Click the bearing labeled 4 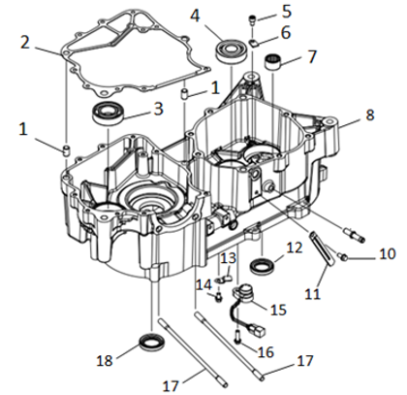click(x=232, y=50)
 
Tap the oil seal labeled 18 click(x=152, y=343)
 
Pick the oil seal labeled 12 click(x=264, y=265)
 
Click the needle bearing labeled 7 click(x=273, y=62)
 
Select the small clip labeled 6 click(x=255, y=43)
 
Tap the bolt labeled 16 click(x=237, y=336)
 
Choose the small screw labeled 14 click(x=219, y=297)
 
